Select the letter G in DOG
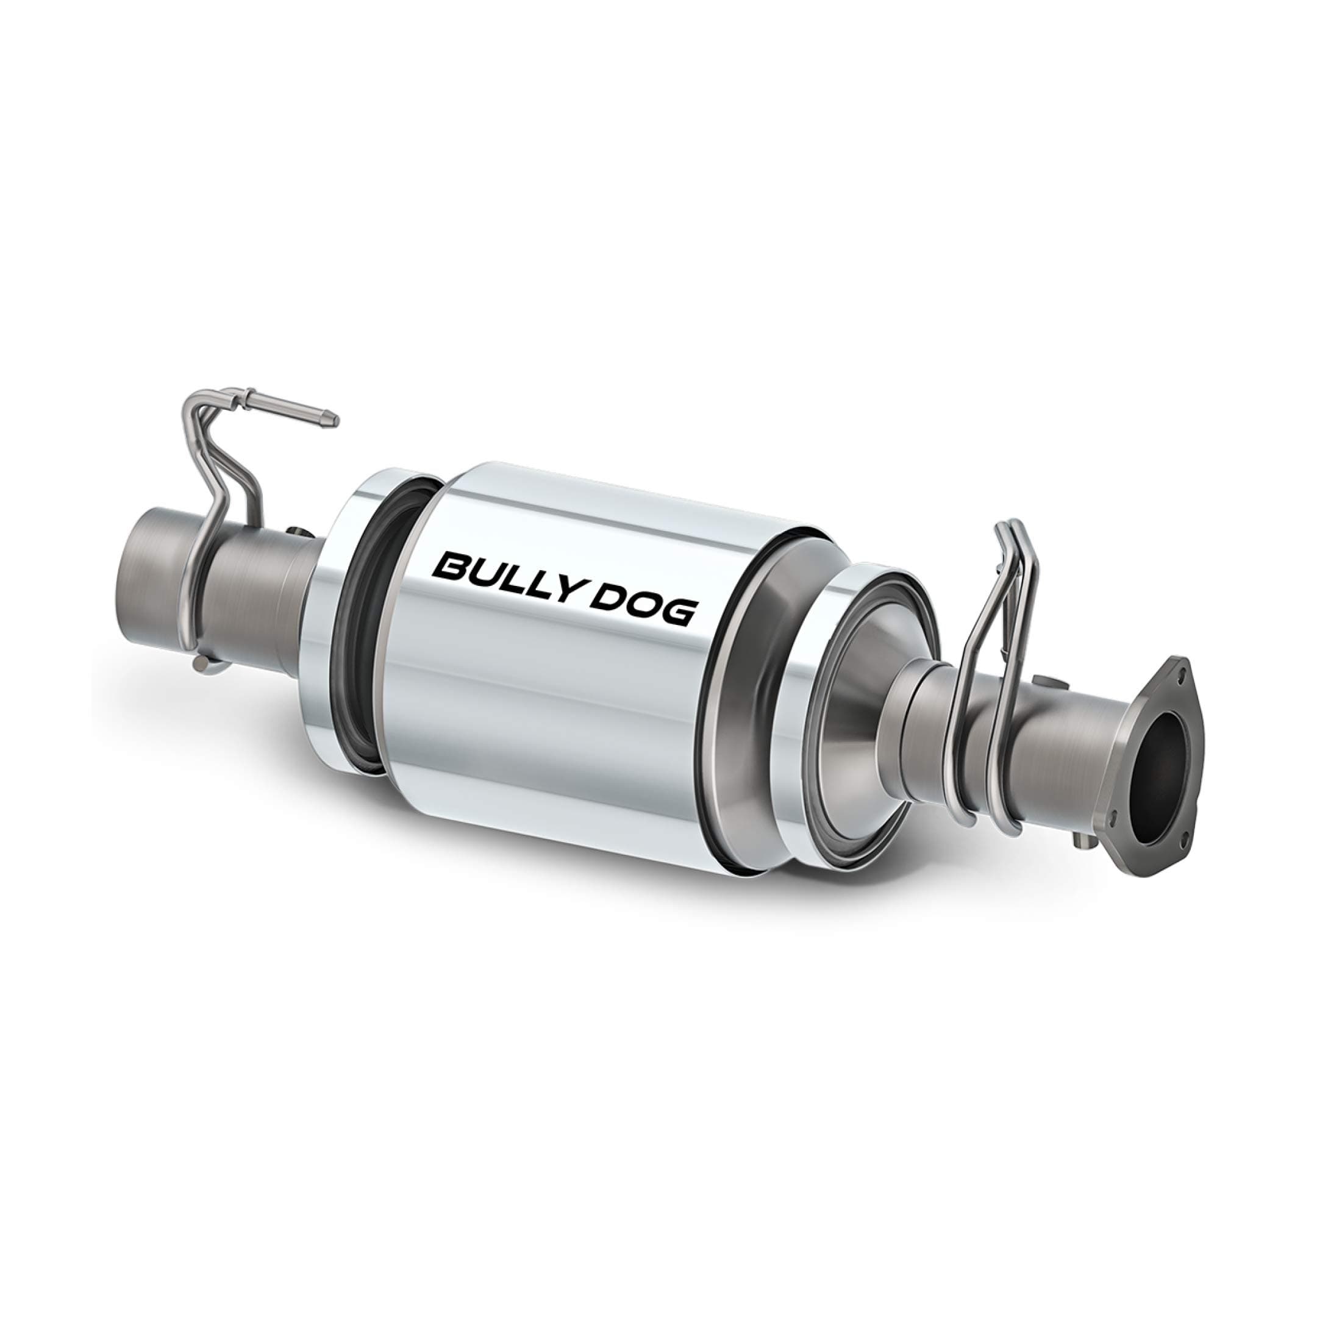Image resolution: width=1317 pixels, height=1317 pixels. [x=676, y=613]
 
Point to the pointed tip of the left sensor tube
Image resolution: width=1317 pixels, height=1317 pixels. [x=333, y=421]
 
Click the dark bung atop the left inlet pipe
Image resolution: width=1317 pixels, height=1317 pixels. [x=298, y=532]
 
